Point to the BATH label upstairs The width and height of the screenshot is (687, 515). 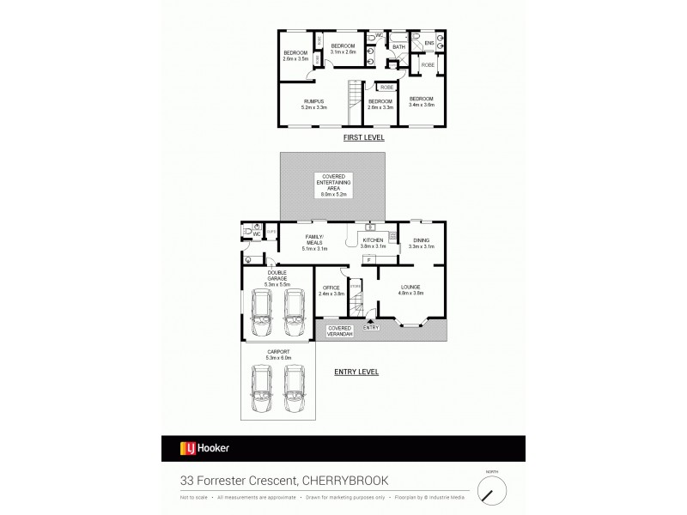point(398,47)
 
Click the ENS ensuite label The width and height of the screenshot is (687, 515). point(429,42)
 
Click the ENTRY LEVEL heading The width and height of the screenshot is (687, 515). point(356,372)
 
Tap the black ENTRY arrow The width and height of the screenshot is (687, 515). point(372,320)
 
